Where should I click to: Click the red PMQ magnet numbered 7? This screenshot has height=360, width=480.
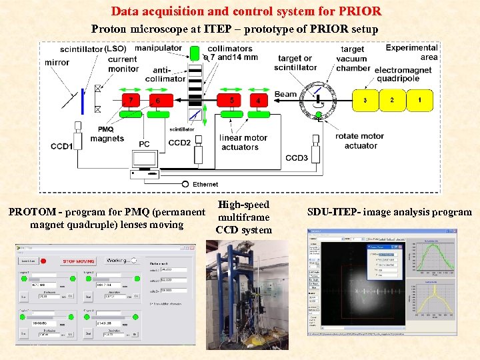pos(131,100)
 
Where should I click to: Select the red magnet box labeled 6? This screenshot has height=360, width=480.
pos(159,100)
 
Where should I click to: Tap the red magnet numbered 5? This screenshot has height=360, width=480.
pos(231,100)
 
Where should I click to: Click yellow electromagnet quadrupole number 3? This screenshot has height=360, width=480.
pos(365,100)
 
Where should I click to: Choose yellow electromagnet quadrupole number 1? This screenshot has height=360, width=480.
pos(419,100)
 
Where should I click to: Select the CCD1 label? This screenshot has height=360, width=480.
pos(62,146)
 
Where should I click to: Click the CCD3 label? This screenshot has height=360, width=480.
pos(297,158)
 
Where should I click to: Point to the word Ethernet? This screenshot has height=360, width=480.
pos(205,184)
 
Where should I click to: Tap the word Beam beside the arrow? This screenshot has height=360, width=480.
pos(285,94)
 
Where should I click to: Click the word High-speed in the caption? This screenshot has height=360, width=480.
pos(243,205)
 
